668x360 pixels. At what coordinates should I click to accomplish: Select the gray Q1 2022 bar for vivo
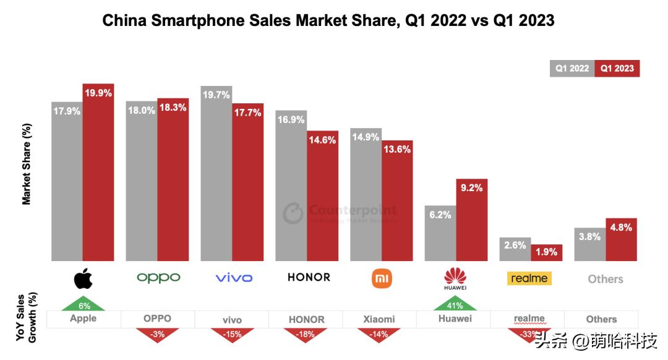[x=216, y=179]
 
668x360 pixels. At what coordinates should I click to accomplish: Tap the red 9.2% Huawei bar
[x=472, y=223]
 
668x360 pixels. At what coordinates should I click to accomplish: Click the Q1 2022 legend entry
[x=572, y=69]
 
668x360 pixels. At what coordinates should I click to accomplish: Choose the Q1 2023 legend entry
[x=617, y=69]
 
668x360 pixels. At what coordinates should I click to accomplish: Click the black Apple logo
[x=83, y=278]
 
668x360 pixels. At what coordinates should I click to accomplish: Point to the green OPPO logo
[x=158, y=278]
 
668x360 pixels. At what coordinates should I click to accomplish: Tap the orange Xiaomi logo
[x=382, y=278]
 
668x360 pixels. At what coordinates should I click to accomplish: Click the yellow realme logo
[x=529, y=278]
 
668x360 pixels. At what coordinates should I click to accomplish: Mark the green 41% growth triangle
[x=455, y=304]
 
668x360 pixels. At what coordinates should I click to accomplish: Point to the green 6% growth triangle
[x=83, y=304]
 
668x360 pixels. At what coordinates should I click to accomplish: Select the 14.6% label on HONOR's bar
[x=323, y=140]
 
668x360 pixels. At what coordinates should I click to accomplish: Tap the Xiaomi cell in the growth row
[x=379, y=319]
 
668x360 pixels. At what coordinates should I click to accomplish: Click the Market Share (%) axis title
[x=27, y=164]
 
